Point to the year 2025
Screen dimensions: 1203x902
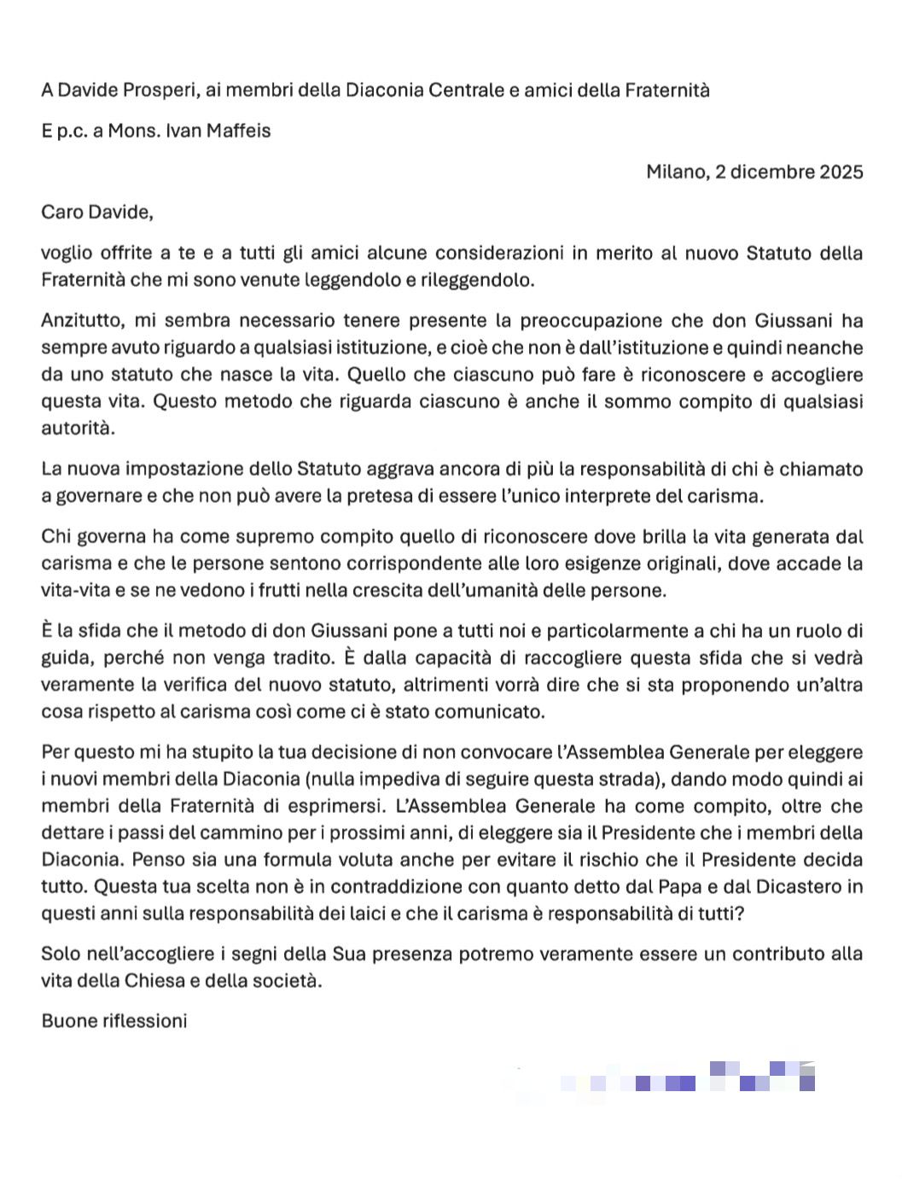(841, 172)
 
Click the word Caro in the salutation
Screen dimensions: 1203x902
(61, 212)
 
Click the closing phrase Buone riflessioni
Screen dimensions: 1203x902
(114, 1021)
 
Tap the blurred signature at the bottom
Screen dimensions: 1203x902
(687, 1077)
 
